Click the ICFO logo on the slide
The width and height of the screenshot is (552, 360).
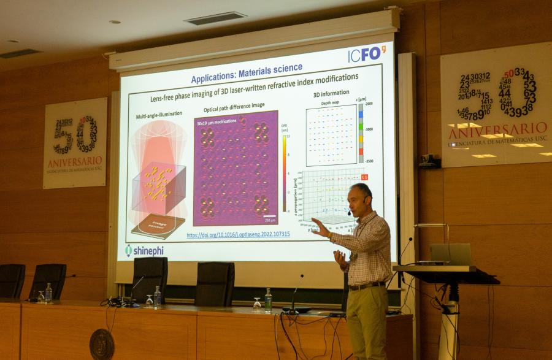366,55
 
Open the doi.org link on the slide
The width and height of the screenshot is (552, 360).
238,234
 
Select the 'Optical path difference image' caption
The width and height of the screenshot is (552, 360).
234,105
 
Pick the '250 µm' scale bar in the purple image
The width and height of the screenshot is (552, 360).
269,218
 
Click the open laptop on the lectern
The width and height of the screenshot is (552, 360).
451,255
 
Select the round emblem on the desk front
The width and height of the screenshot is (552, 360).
102,344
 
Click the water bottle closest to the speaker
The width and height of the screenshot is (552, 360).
268,301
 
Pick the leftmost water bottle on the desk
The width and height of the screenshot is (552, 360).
48,293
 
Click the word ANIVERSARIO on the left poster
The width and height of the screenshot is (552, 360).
75,161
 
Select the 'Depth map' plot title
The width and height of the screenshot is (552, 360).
330,103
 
